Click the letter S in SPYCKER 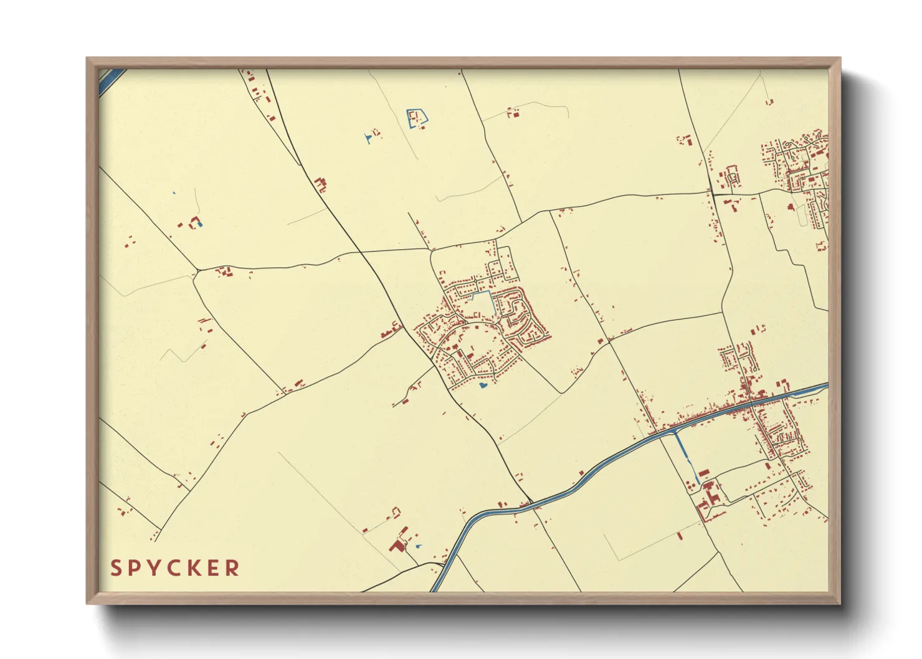coord(116,568)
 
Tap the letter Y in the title coord(154,568)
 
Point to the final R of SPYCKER coord(233,568)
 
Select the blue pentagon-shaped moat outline coord(417,118)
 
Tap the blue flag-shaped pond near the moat coord(369,138)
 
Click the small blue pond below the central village coord(482,386)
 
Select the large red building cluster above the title coord(397,546)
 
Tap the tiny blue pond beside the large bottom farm coord(418,546)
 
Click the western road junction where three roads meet coord(197,270)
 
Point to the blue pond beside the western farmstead coord(199,224)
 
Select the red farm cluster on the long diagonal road coord(321,184)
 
